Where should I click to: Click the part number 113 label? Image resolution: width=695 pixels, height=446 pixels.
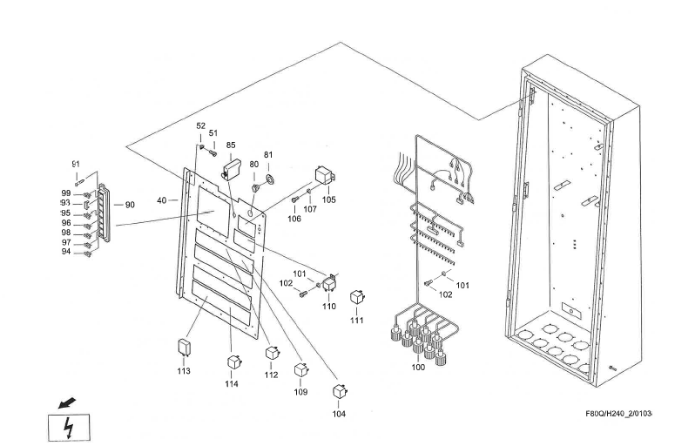[184, 371]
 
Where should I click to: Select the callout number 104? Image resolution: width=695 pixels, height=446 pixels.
[338, 414]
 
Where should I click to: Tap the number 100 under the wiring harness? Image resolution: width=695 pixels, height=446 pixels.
[417, 368]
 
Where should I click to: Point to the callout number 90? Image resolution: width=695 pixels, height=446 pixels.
[130, 205]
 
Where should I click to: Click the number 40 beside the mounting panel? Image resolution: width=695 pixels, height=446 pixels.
[161, 200]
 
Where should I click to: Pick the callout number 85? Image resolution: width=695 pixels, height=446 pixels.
[231, 145]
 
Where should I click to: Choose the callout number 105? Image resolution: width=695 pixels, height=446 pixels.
[328, 199]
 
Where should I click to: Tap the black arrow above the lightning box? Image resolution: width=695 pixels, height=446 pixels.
[66, 403]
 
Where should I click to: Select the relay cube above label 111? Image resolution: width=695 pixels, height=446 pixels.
[356, 298]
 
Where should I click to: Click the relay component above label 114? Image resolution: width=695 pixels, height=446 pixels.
[233, 362]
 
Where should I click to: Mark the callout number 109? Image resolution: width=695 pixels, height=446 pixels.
[300, 392]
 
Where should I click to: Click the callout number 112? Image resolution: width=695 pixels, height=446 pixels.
[272, 375]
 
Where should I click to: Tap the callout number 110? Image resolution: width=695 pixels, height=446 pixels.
[328, 307]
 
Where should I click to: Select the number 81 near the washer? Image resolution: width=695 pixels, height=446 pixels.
[268, 155]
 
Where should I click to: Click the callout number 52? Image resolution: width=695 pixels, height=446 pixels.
[201, 125]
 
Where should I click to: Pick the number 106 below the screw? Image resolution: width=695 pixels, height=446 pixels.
[294, 219]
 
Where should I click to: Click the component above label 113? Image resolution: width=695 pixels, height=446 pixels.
[184, 347]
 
